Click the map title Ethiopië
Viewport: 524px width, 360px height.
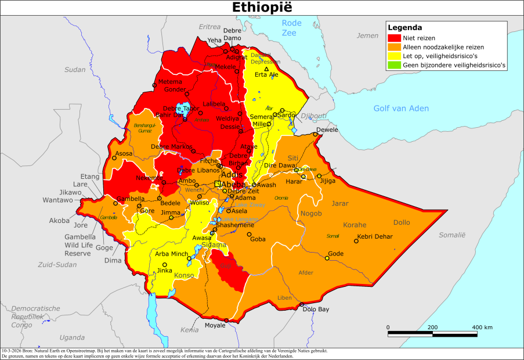(x=262, y=8)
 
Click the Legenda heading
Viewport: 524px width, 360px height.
(x=404, y=27)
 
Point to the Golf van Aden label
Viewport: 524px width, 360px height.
(x=401, y=109)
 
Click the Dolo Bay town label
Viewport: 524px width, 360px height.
(x=316, y=309)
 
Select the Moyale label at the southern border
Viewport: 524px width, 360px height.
(x=215, y=326)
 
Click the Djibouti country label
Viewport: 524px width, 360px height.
(x=314, y=116)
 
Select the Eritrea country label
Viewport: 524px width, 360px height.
(x=209, y=27)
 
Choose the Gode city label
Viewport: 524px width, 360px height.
(x=336, y=254)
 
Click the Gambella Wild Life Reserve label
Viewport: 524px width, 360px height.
(x=79, y=245)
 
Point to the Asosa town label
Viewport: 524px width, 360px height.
(x=124, y=154)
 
